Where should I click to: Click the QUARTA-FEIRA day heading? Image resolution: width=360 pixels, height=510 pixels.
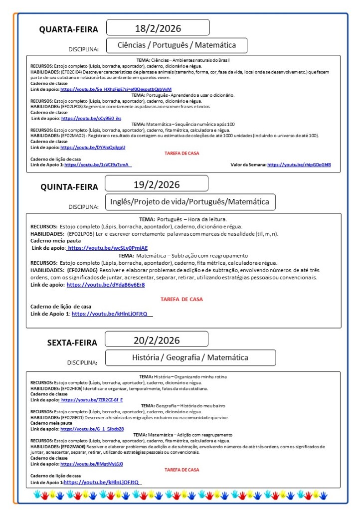tap(69, 29)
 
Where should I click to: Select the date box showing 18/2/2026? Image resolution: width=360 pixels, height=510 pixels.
tap(158, 27)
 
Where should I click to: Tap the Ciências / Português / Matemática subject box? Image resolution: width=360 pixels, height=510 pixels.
tap(178, 45)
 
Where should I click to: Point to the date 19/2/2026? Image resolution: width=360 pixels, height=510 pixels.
tap(157, 184)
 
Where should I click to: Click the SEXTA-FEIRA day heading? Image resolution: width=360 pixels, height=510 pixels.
tap(72, 342)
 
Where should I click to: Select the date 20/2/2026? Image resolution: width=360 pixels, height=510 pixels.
tap(157, 340)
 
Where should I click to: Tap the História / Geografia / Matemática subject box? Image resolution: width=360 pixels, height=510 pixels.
tap(190, 357)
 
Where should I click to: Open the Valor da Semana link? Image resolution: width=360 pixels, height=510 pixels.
tap(299, 165)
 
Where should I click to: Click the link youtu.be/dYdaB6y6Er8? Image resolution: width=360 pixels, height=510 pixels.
tap(106, 285)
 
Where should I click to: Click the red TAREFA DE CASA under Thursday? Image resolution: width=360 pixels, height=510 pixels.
tap(181, 299)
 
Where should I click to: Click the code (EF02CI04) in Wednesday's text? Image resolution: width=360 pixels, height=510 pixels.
tap(74, 72)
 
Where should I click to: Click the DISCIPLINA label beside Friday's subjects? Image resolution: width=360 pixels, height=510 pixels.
tap(82, 362)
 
